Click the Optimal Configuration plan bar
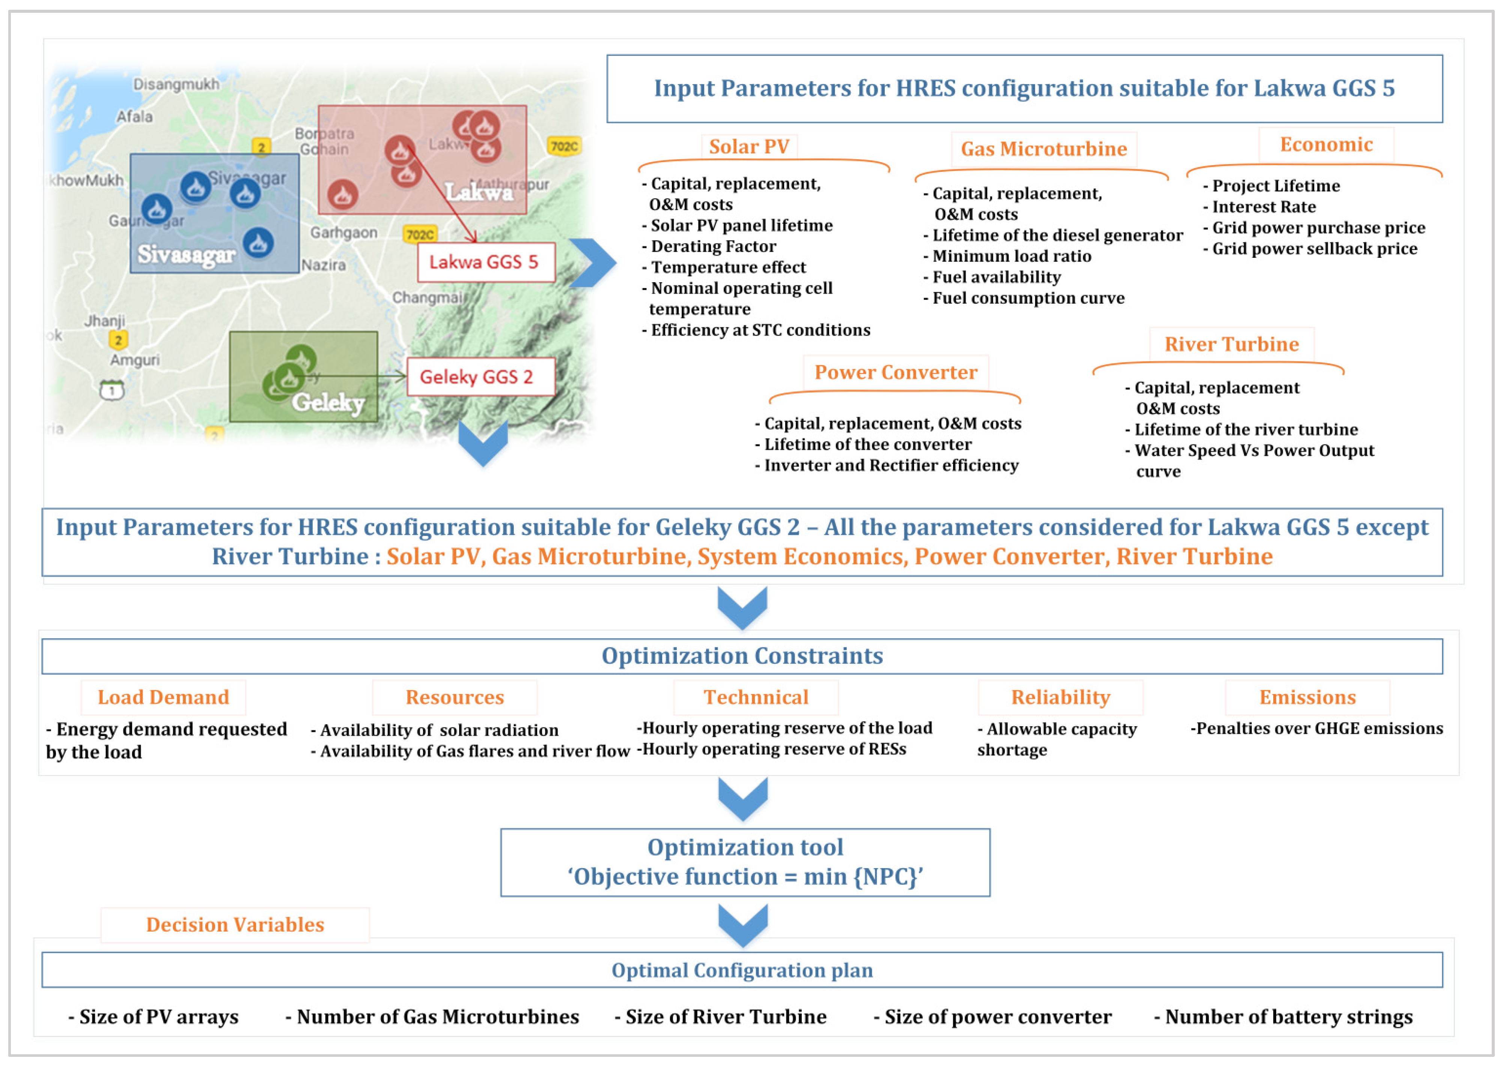pyautogui.click(x=742, y=971)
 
